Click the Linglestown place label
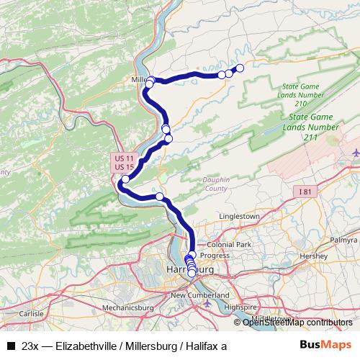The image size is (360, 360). (238, 216)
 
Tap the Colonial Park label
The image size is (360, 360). (229, 245)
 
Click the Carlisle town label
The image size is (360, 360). (32, 314)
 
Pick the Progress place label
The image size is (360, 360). (215, 256)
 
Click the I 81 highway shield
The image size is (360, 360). (309, 191)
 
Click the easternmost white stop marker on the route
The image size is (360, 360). (240, 68)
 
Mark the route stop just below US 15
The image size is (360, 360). (126, 179)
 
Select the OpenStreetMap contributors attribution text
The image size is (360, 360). (297, 323)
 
